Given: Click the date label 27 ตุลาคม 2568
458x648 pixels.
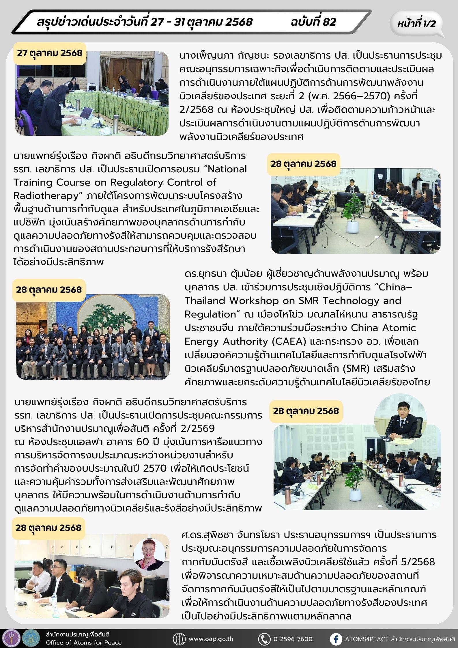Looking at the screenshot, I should pyautogui.click(x=50, y=53).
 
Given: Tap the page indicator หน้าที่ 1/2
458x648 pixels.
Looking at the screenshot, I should pyautogui.click(x=416, y=23).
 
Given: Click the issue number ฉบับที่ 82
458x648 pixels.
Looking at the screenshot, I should pyautogui.click(x=313, y=22).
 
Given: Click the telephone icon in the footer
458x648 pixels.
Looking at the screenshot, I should pyautogui.click(x=264, y=639).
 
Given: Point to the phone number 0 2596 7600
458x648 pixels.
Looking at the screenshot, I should pyautogui.click(x=293, y=639).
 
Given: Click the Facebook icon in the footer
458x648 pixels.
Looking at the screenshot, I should pyautogui.click(x=336, y=639).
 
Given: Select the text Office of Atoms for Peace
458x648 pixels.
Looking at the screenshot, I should pyautogui.click(x=84, y=643).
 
